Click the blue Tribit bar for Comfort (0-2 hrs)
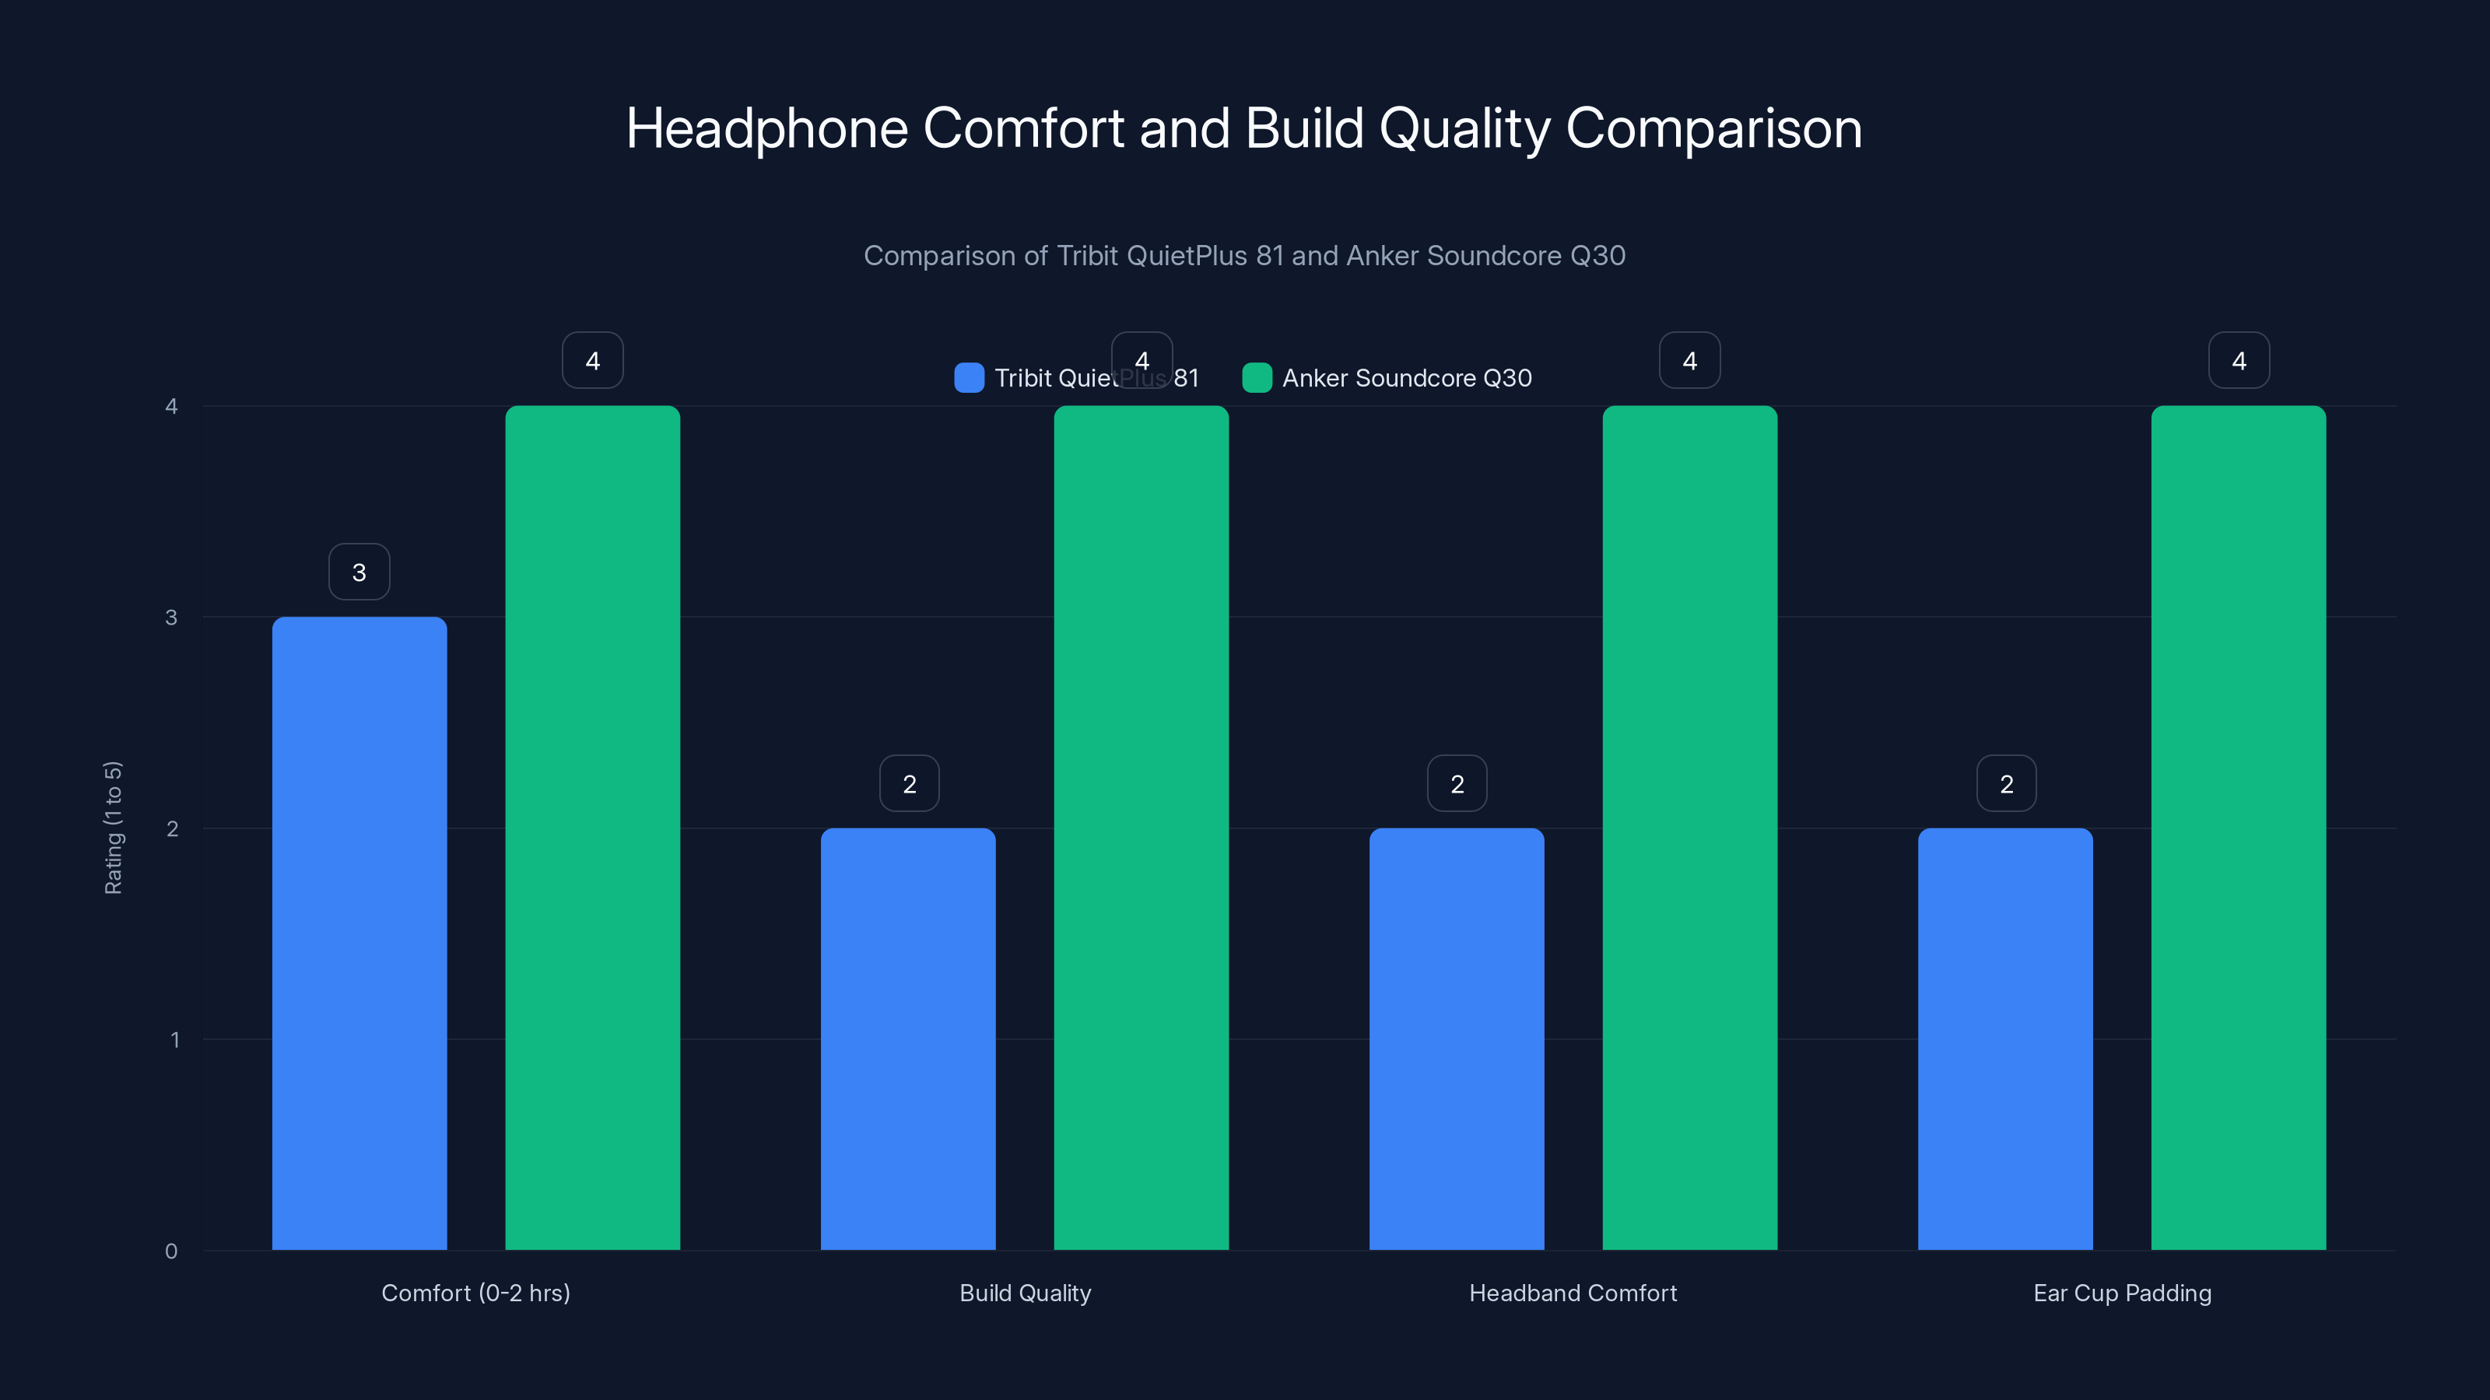tap(359, 933)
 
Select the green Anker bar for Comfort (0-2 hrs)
tap(592, 827)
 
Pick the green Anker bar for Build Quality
tap(1141, 827)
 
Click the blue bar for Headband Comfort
tap(1457, 1038)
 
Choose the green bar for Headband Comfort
tap(1689, 827)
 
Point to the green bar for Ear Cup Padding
tap(2239, 827)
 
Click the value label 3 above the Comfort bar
tap(359, 572)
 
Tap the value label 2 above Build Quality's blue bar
tap(910, 783)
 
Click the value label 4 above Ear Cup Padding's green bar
tap(2239, 360)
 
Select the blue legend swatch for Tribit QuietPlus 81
tap(969, 378)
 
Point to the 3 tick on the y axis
tap(171, 618)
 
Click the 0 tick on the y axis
tap(171, 1251)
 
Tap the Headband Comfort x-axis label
tap(1573, 1293)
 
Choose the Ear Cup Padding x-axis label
tap(2122, 1293)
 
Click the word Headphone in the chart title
tap(767, 128)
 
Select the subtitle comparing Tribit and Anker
tap(1244, 256)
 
